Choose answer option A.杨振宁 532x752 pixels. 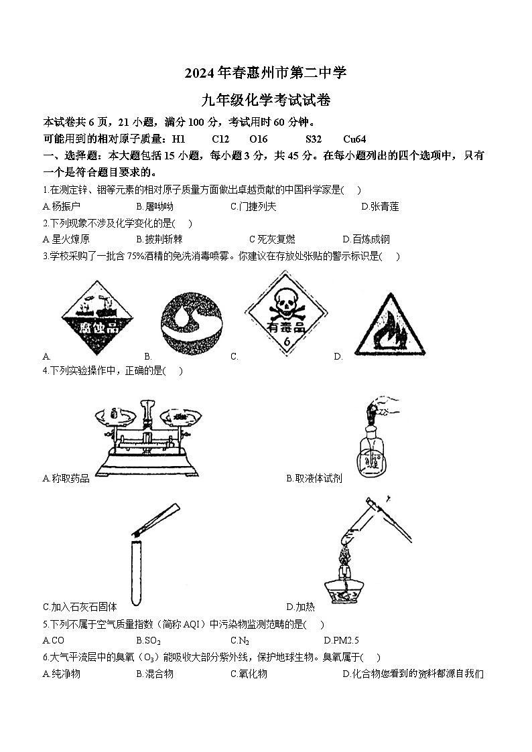pos(61,207)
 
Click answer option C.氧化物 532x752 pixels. pos(249,674)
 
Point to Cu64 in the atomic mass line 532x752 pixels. pos(354,139)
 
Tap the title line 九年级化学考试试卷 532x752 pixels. pos(266,101)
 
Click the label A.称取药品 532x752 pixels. pos(66,478)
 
